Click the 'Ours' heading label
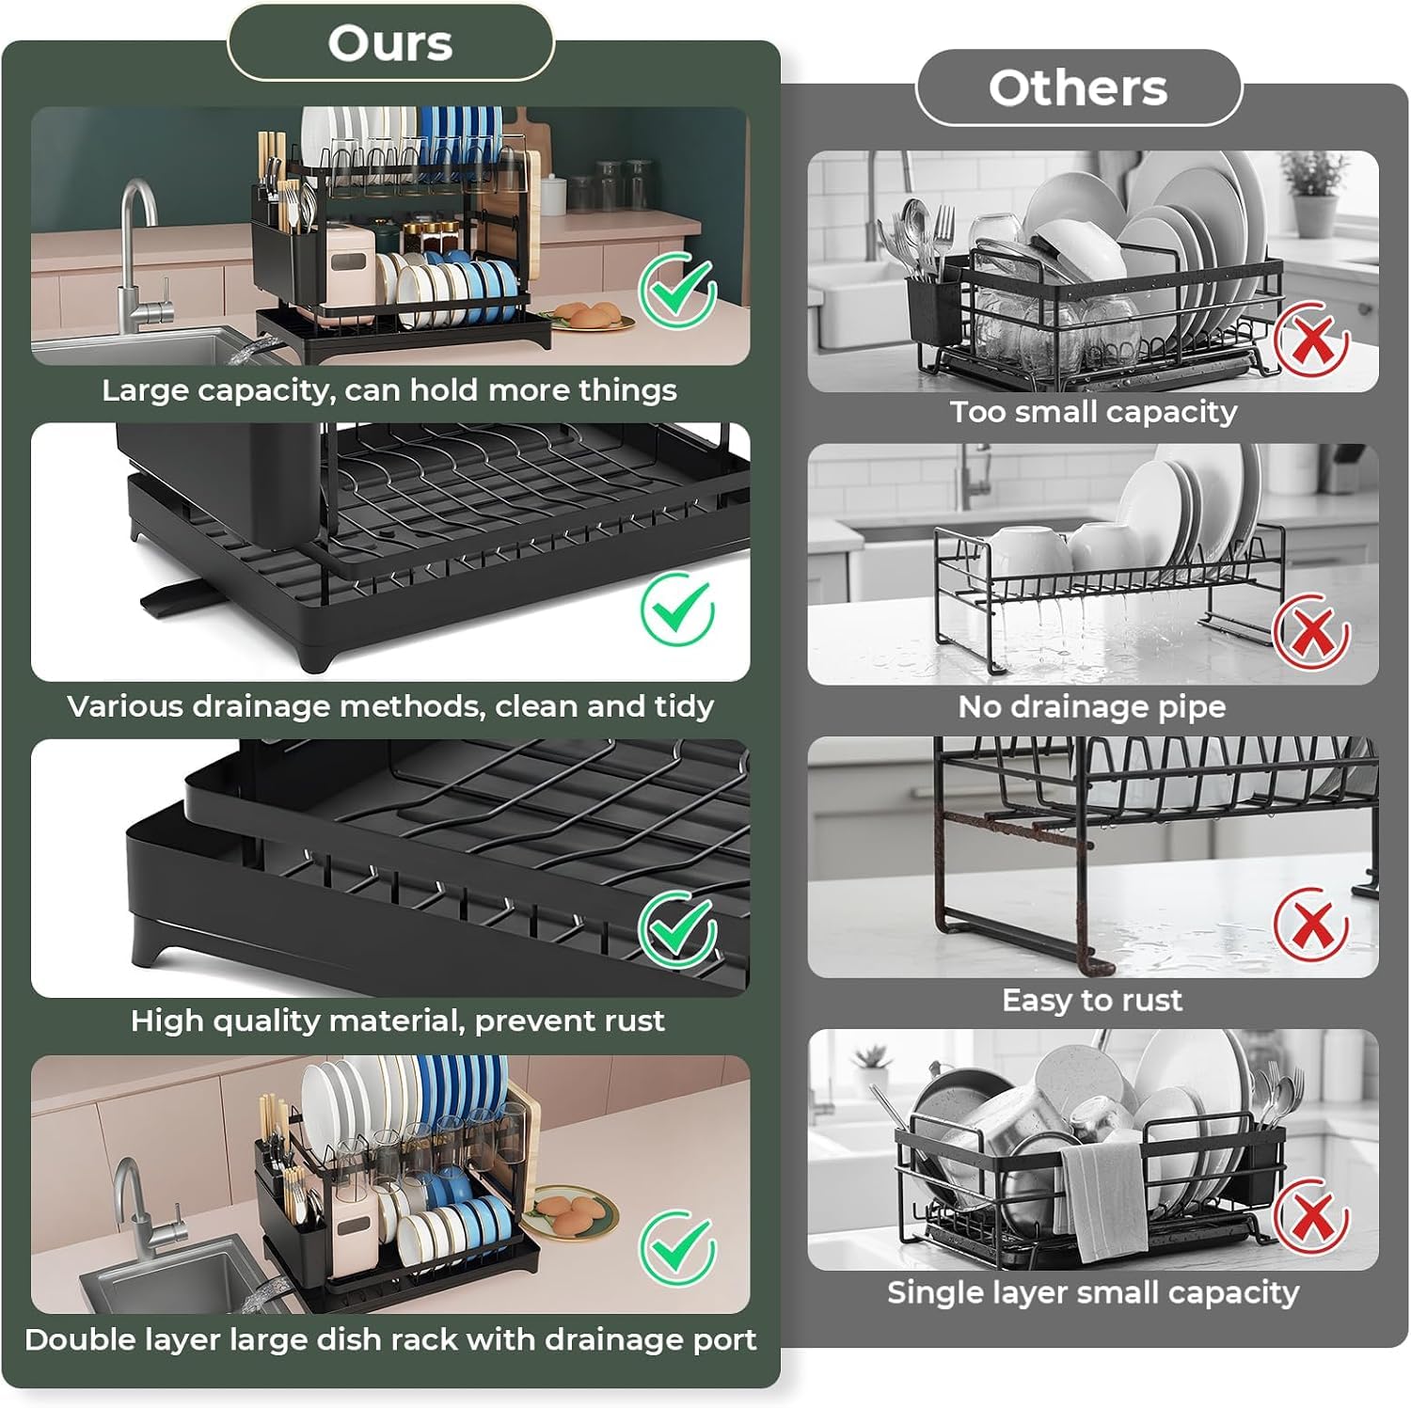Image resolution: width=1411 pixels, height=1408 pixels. (390, 43)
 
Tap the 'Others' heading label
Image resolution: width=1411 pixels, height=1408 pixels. (1078, 87)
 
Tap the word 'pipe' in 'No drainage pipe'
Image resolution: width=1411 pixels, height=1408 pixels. (1192, 708)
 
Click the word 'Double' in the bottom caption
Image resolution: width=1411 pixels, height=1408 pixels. (77, 1339)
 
